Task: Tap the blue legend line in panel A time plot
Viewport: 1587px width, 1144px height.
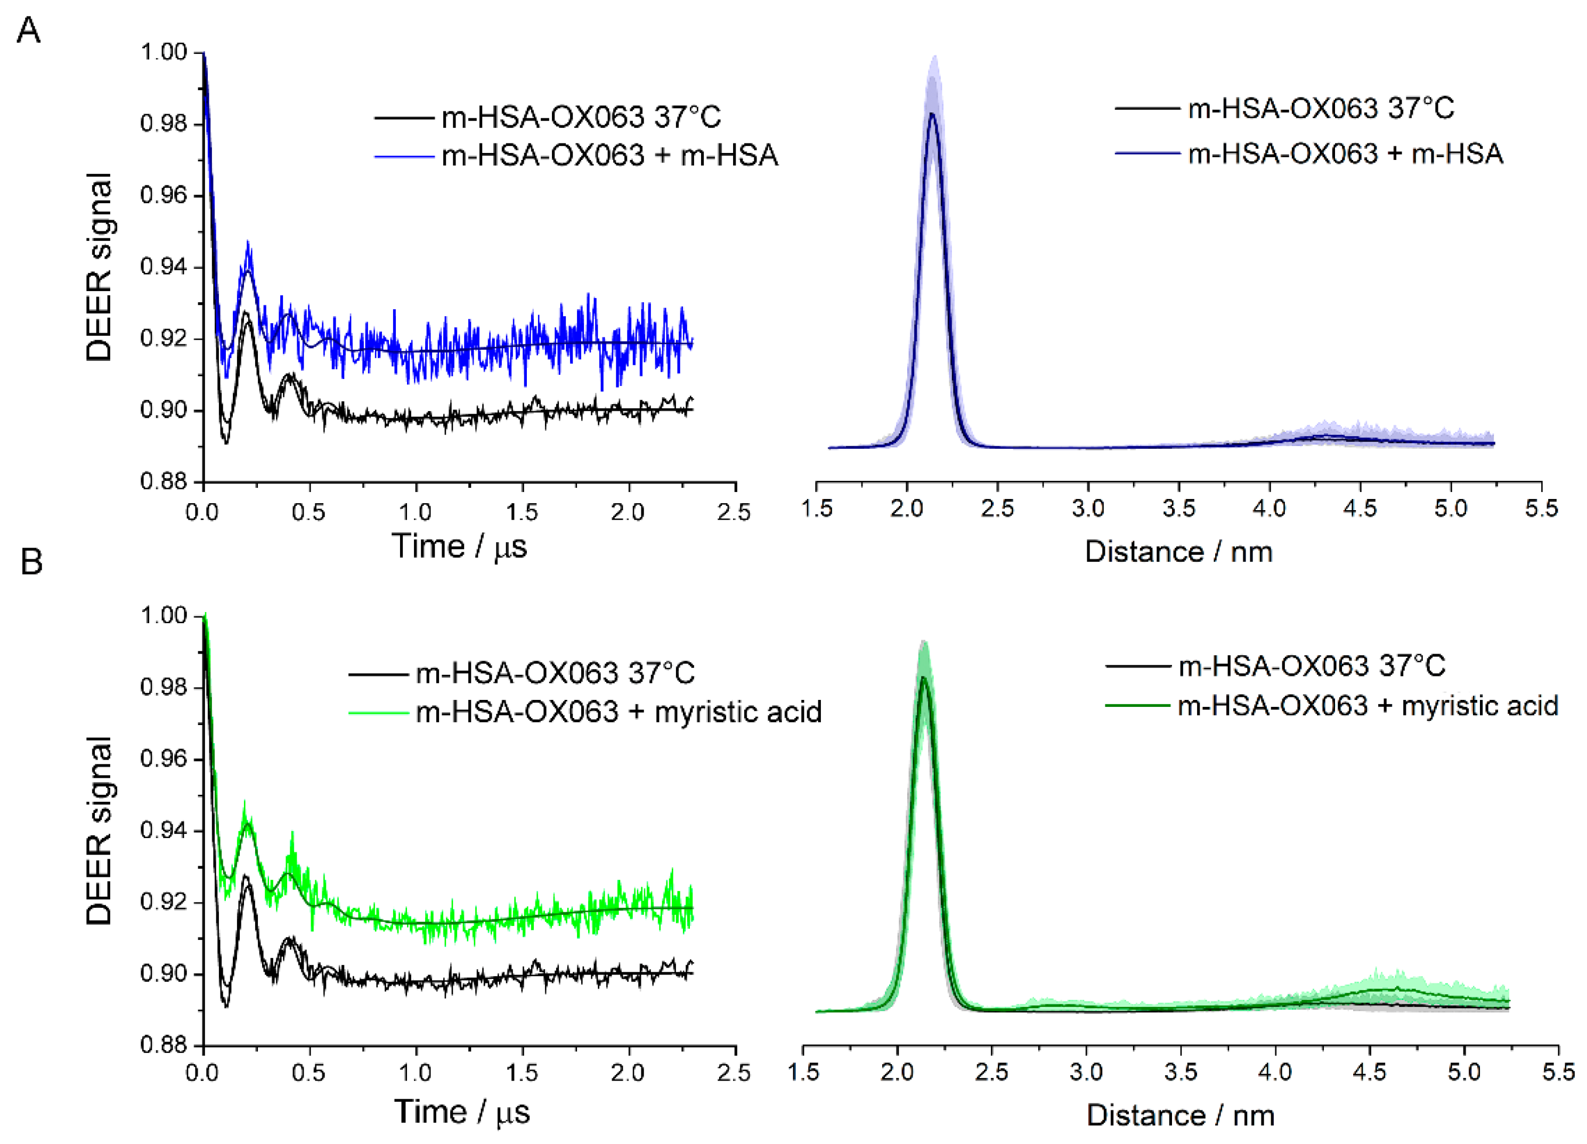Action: (404, 156)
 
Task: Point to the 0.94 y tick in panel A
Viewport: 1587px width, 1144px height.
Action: (164, 267)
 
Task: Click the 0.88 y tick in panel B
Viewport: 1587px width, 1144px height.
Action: (164, 1045)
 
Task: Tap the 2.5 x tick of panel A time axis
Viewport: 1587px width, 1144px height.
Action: (734, 512)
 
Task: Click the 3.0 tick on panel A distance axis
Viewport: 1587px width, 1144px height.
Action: (1087, 508)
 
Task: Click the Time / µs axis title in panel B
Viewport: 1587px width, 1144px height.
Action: (462, 1112)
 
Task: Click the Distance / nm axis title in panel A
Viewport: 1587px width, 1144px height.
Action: (1178, 552)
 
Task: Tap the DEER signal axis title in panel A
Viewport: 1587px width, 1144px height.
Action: (98, 267)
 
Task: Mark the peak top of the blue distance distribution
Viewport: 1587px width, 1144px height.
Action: (932, 114)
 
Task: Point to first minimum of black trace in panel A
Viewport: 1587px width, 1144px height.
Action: (225, 441)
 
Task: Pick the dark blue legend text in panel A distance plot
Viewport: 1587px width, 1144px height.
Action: (1345, 154)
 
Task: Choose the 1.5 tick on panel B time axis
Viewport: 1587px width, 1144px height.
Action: (522, 1073)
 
